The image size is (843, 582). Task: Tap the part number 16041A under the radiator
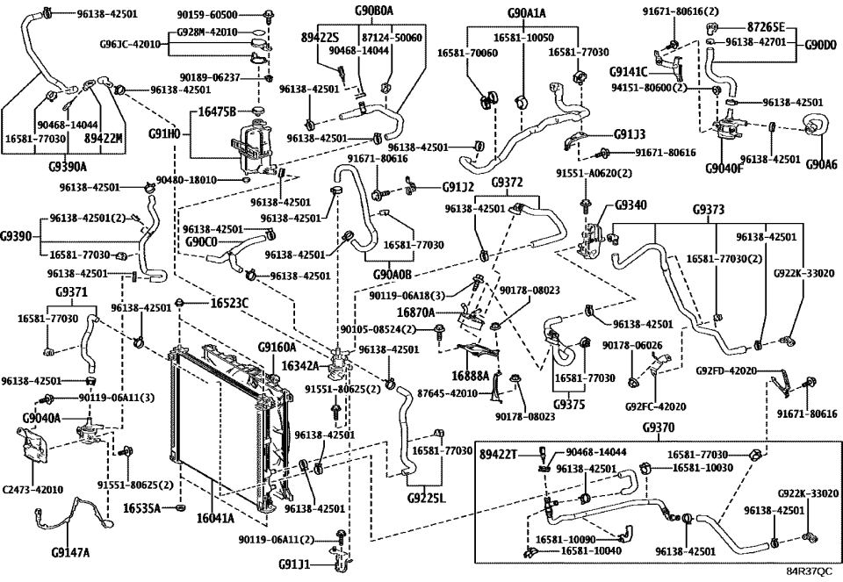point(215,519)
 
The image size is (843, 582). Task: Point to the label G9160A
point(277,348)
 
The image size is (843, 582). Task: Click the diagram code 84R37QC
point(808,572)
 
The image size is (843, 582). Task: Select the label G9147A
point(71,552)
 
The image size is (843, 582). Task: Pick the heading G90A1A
point(527,13)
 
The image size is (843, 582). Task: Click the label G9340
point(631,204)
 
